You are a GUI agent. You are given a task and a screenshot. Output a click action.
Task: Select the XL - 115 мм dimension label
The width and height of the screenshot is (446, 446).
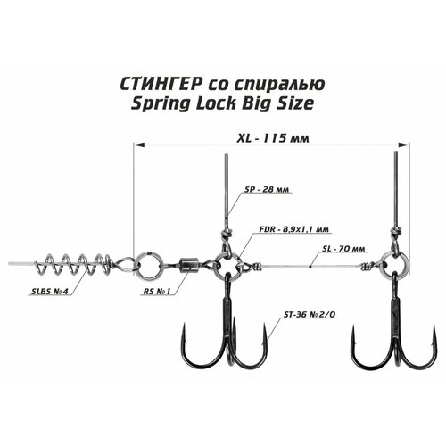tap(273, 138)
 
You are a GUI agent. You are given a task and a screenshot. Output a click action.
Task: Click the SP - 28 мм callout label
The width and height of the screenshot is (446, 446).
tap(267, 189)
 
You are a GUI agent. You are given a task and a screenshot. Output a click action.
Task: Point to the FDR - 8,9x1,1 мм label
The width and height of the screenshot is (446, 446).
tap(294, 229)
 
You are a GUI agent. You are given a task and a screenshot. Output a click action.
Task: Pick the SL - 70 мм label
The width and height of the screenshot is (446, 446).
tap(344, 248)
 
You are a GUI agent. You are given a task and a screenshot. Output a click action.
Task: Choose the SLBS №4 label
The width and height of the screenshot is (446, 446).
tap(50, 291)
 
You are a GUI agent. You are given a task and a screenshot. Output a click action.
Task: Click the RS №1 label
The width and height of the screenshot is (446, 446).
tap(156, 291)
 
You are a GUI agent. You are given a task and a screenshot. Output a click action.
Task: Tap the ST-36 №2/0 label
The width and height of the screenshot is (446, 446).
tap(310, 315)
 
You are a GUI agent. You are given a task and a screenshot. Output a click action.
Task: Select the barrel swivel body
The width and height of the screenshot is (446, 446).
tap(186, 265)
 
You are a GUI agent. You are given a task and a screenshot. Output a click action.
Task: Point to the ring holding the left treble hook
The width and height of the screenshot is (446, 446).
tap(217, 264)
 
